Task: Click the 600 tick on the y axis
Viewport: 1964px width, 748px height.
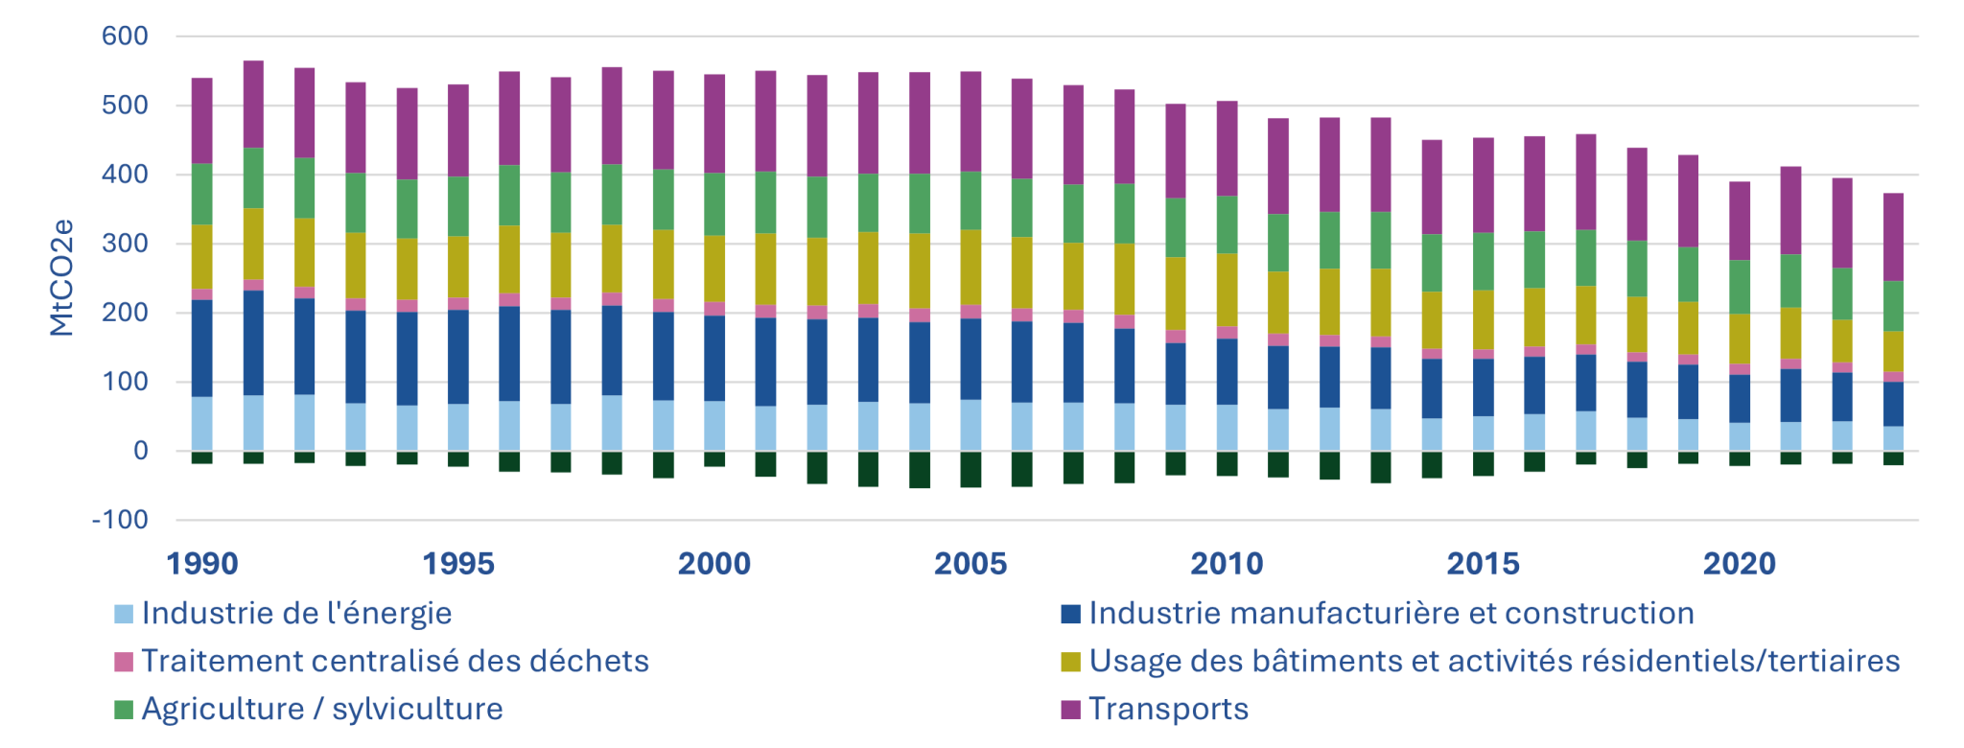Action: pyautogui.click(x=125, y=36)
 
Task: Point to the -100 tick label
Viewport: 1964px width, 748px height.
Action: pyautogui.click(x=120, y=521)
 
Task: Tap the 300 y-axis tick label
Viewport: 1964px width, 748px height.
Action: pyautogui.click(x=125, y=244)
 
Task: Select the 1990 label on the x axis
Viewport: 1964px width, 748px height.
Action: pyautogui.click(x=202, y=564)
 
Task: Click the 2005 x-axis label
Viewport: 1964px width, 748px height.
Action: pyautogui.click(x=970, y=564)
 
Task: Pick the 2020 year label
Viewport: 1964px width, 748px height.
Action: pyautogui.click(x=1740, y=564)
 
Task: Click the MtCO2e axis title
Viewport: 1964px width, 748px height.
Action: pyautogui.click(x=61, y=278)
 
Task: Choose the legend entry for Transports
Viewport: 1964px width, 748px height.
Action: pyautogui.click(x=1168, y=709)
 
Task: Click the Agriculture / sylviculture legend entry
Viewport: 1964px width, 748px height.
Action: pyautogui.click(x=321, y=709)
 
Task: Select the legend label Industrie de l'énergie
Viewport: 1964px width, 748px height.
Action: pyautogui.click(x=296, y=614)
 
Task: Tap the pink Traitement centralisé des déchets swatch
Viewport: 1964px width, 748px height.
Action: pyautogui.click(x=124, y=662)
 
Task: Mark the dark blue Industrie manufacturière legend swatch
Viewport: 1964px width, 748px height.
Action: pyautogui.click(x=1071, y=614)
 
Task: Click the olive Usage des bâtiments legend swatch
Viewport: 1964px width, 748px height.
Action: pyautogui.click(x=1071, y=662)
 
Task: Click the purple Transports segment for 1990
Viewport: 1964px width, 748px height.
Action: pyautogui.click(x=202, y=121)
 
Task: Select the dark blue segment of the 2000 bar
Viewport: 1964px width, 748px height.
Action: pyautogui.click(x=714, y=358)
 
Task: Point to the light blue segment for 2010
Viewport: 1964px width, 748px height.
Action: pyautogui.click(x=1227, y=428)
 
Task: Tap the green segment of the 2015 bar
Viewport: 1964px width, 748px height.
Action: pyautogui.click(x=1483, y=261)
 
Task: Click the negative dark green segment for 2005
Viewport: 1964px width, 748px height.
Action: pyautogui.click(x=970, y=469)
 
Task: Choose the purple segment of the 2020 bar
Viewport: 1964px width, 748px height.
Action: pyautogui.click(x=1740, y=221)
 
